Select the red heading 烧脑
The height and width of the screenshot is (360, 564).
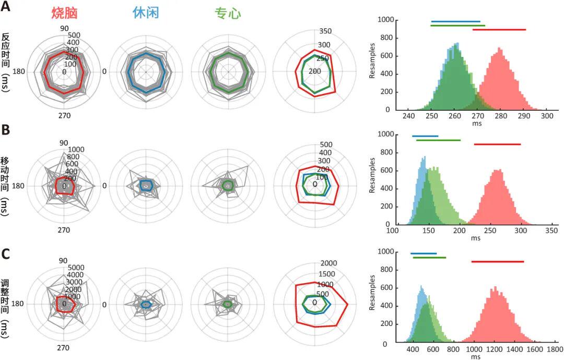tap(64, 14)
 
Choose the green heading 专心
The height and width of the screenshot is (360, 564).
tap(228, 14)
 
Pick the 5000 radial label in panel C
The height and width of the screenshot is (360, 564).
tap(77, 268)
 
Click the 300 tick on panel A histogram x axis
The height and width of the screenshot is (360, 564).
tap(547, 116)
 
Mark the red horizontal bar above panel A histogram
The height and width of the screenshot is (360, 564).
tap(499, 29)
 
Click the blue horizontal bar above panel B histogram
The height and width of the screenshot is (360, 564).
tap(425, 136)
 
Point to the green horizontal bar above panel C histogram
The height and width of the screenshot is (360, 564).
tap(429, 258)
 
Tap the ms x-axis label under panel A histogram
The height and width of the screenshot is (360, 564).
tap(476, 124)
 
